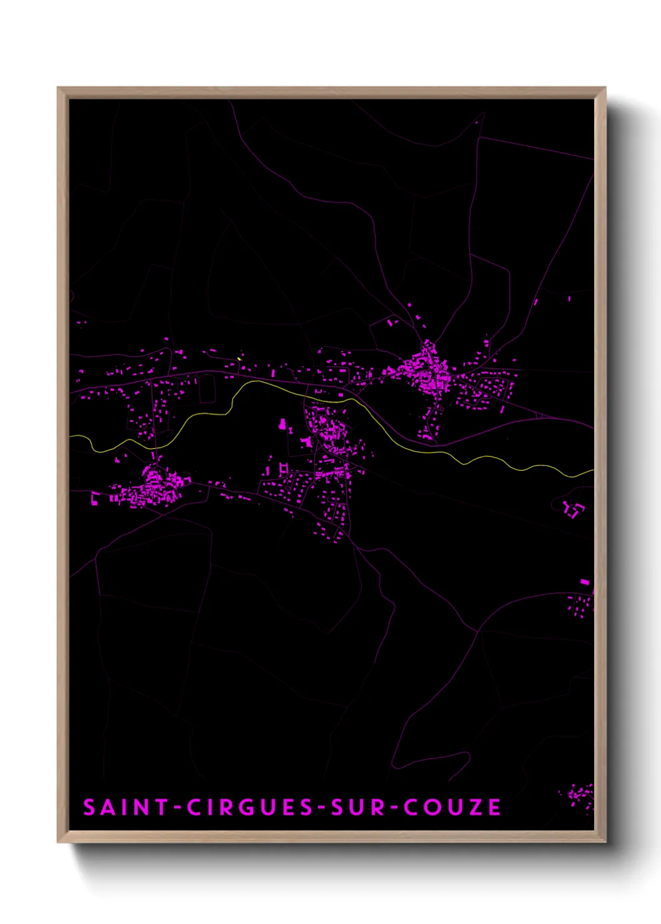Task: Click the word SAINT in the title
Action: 125,807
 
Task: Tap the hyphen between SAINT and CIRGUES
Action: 177,808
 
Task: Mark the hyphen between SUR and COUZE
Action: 394,808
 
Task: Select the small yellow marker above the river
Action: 239,359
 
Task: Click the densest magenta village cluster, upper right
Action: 429,371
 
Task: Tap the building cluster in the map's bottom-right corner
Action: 580,795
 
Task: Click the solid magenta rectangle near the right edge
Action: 584,582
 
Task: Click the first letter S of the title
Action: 89,807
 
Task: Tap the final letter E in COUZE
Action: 495,807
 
